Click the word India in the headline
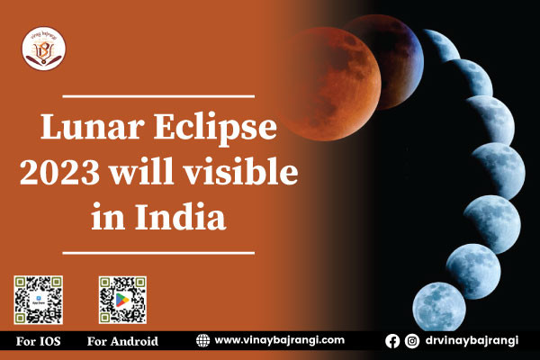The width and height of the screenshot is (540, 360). tap(180, 217)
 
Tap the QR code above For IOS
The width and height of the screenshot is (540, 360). tap(38, 301)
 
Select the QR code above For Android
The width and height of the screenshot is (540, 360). tap(122, 301)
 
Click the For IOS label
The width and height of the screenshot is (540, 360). tap(39, 341)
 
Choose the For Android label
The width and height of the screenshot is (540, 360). tap(122, 341)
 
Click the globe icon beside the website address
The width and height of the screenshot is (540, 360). tap(203, 340)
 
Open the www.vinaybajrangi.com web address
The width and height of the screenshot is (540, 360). tap(280, 340)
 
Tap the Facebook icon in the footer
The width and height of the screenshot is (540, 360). tap(392, 341)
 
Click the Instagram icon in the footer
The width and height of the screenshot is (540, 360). tap(411, 341)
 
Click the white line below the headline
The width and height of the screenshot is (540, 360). tap(160, 253)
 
